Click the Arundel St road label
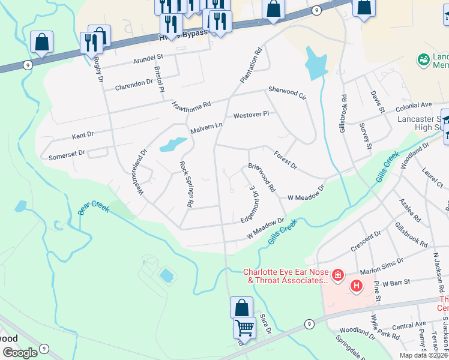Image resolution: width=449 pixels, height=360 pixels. (148, 57)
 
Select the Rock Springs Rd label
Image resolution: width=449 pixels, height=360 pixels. (185, 184)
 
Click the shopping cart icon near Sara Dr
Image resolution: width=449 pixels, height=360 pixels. (244, 328)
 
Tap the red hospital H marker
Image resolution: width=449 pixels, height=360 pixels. (357, 286)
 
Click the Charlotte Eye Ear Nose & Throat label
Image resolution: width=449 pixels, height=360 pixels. (285, 275)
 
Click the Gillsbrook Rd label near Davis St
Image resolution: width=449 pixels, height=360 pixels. (343, 113)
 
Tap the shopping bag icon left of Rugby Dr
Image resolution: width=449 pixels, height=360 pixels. (41, 43)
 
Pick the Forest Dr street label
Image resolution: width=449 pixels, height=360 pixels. (285, 160)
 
